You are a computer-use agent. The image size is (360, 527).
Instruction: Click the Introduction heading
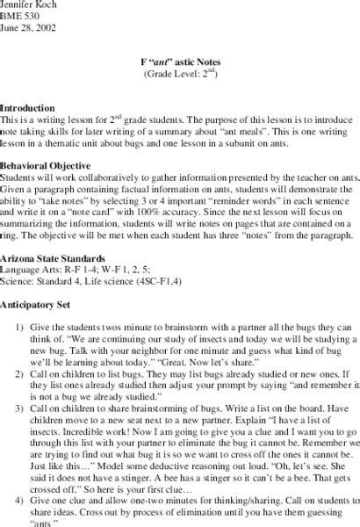pos(27,105)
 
